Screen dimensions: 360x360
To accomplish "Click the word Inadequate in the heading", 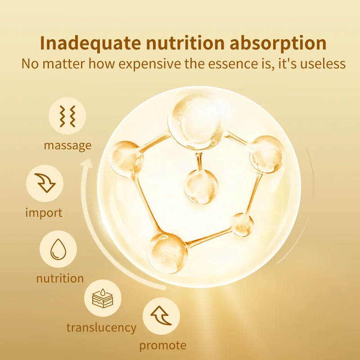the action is coord(90,43).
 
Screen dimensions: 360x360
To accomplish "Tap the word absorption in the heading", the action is coord(278,43).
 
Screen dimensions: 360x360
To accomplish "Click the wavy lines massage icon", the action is coord(67,116).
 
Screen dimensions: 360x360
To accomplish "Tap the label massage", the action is coord(68,145).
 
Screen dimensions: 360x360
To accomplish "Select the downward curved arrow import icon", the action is coord(45,183).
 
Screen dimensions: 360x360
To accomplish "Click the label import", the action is coord(44,213).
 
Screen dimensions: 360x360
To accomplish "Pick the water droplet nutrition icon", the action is coord(58,249).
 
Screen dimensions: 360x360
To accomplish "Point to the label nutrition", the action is coord(60,278).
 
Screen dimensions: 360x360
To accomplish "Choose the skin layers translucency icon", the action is coord(103,298).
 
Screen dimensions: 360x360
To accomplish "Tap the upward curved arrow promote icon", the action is coord(161,316).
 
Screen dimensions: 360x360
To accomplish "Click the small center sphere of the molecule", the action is coord(201,187).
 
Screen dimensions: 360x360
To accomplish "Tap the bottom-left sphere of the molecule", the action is coord(167,253).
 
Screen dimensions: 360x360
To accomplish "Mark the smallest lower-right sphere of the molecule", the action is coord(243,225).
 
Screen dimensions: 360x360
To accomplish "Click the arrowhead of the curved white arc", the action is coord(87,163).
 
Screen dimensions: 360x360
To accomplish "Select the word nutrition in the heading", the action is coord(185,43).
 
